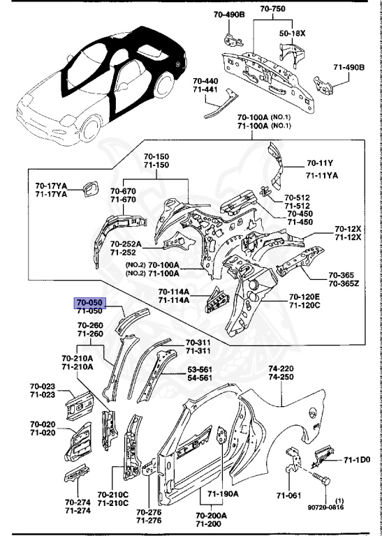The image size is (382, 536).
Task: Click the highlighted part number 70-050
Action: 90,303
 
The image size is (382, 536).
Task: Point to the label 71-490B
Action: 348,67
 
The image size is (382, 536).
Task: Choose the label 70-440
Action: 206,82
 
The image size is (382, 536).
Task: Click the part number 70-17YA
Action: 51,186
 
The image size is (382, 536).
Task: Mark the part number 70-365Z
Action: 343,284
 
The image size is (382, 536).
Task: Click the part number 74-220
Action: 282,367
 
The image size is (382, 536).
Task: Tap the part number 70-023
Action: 42,386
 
